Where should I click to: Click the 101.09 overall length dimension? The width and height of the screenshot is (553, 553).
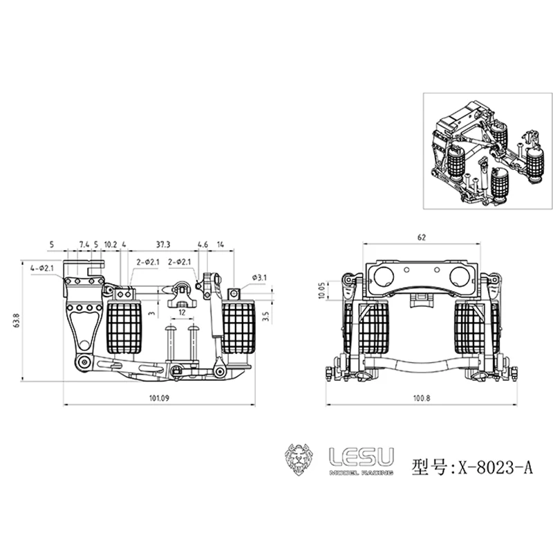[159, 398]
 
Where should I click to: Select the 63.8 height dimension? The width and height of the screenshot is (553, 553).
[17, 321]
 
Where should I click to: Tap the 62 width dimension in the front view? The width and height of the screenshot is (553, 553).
[422, 237]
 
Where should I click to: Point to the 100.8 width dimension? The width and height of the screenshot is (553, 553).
[422, 398]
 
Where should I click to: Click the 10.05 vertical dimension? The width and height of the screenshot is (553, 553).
[321, 290]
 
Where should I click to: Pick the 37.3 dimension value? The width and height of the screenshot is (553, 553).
[163, 245]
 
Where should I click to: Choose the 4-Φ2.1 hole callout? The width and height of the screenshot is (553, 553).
[42, 268]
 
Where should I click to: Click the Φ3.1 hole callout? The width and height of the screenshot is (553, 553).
[260, 278]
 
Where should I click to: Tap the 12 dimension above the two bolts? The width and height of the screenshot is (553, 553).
[182, 312]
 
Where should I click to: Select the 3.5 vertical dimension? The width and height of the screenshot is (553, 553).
[266, 316]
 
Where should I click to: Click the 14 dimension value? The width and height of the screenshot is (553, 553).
[221, 245]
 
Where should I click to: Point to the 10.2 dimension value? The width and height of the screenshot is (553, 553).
[111, 245]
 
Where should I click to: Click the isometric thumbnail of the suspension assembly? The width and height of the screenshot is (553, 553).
[488, 151]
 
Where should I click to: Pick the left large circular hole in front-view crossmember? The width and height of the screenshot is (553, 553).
[384, 276]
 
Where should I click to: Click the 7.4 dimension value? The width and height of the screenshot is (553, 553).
[84, 245]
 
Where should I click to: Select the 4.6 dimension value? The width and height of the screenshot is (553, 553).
[203, 245]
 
